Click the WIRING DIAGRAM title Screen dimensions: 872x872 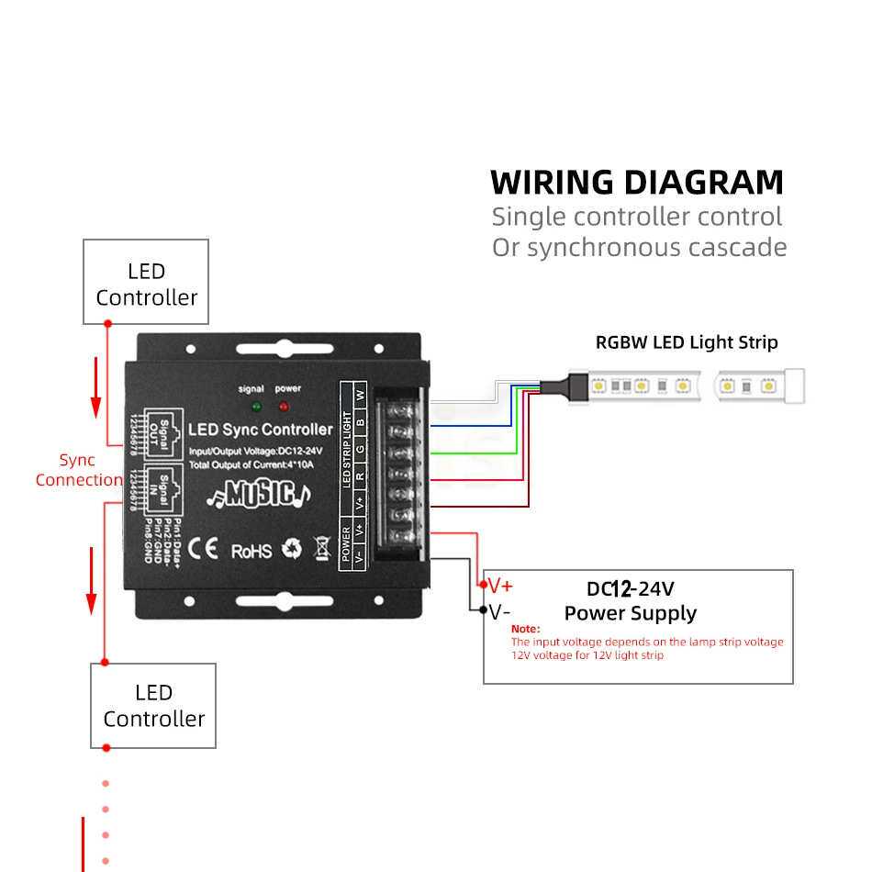tap(637, 182)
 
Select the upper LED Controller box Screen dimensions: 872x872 tap(146, 282)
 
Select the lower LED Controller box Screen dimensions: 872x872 tap(152, 705)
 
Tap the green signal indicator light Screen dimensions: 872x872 tap(256, 406)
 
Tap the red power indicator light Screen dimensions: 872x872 tap(284, 406)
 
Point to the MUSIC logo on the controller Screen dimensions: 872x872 tap(258, 494)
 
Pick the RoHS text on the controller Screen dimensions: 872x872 tap(251, 551)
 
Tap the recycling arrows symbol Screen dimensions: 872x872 tap(292, 549)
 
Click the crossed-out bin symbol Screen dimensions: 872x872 tap(322, 548)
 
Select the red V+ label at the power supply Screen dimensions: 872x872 tap(500, 586)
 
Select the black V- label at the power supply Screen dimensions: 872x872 tap(500, 611)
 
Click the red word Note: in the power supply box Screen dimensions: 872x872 tap(525, 629)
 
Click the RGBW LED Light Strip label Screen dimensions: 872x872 tap(687, 342)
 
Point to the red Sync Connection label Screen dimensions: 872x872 tap(78, 470)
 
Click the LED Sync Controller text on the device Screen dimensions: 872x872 tap(260, 430)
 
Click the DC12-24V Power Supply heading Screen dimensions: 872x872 tap(630, 601)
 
